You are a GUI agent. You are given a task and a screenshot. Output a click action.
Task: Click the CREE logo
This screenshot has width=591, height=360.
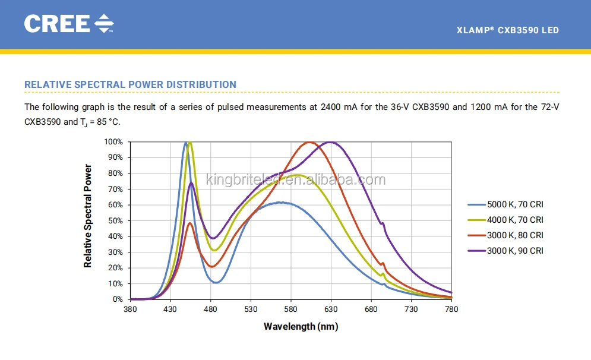(68, 23)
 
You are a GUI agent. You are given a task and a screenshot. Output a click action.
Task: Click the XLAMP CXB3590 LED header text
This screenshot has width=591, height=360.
(507, 30)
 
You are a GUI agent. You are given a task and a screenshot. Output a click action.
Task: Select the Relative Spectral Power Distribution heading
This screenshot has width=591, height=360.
(130, 84)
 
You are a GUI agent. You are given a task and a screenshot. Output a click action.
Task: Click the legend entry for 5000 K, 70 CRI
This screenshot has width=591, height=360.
(515, 204)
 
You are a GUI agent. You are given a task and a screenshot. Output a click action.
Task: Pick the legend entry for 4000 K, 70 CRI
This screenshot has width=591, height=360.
(515, 220)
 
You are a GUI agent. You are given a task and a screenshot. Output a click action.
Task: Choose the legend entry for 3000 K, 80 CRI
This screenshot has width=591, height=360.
(515, 235)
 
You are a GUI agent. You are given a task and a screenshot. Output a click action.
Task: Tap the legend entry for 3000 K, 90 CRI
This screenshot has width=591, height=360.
(515, 251)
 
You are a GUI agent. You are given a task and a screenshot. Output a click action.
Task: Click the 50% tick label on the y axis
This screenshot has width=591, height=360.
(115, 221)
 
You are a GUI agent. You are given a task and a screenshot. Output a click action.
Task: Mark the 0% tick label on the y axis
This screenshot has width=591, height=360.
(117, 299)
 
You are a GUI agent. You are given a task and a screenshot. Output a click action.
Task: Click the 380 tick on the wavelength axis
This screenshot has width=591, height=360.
(130, 310)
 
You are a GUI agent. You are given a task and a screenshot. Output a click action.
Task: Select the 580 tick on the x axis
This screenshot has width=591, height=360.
(291, 310)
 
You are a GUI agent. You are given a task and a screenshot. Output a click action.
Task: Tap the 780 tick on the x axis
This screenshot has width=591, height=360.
(451, 310)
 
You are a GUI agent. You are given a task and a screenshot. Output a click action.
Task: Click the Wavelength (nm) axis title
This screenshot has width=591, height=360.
(301, 326)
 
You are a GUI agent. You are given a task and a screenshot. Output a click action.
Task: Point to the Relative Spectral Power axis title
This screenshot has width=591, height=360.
(88, 216)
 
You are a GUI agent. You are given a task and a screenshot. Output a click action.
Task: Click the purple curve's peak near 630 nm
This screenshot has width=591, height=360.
(330, 142)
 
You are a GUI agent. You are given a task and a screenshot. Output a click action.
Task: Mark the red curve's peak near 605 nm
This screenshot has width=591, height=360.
(310, 142)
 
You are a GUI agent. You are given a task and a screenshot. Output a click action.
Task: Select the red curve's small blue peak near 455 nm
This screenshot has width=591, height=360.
(190, 223)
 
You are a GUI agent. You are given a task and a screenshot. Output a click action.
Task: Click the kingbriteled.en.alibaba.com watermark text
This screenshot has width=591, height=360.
(295, 179)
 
